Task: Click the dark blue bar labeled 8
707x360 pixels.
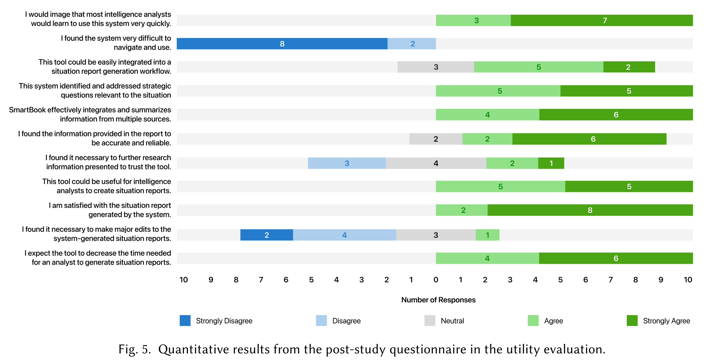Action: [282, 44]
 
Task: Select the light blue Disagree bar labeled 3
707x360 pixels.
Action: [347, 163]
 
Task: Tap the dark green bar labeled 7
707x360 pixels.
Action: [602, 20]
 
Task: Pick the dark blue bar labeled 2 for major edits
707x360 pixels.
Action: [267, 235]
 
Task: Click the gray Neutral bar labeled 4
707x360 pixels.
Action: [436, 163]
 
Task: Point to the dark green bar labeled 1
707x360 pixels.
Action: [551, 163]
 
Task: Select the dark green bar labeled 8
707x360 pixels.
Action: [590, 210]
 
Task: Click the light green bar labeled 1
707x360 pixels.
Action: [487, 235]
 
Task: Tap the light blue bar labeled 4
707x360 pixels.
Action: [344, 235]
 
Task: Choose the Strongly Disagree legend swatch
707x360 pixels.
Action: [185, 321]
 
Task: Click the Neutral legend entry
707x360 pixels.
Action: [452, 321]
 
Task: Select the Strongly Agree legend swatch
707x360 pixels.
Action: [632, 321]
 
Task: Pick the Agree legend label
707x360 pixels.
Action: [554, 321]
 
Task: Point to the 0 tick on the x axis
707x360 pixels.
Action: [436, 280]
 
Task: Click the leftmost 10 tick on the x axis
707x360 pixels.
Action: [184, 280]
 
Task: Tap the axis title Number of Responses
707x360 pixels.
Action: [438, 300]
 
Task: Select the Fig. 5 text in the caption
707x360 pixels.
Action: [135, 349]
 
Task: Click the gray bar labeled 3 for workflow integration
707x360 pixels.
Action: [436, 67]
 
